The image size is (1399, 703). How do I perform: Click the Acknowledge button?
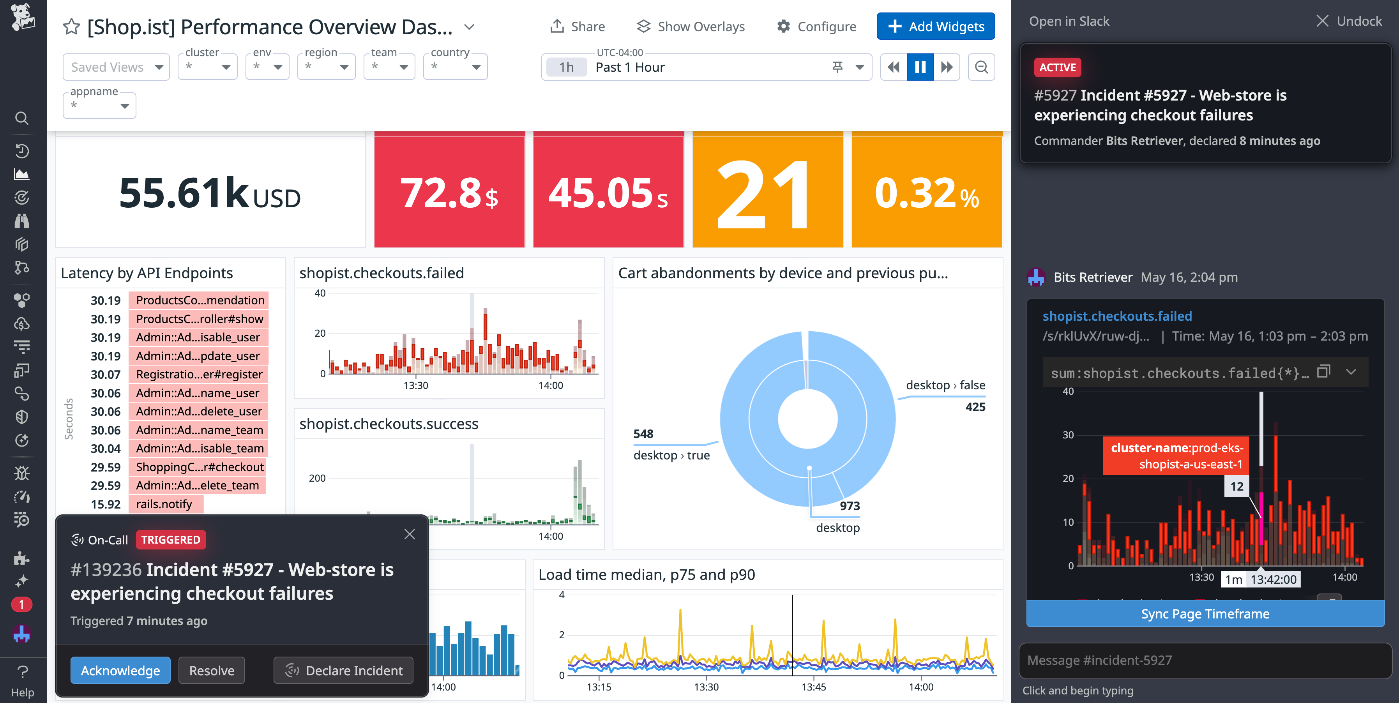pos(120,670)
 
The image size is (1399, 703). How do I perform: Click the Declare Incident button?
pos(343,670)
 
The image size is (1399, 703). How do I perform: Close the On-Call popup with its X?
pos(410,534)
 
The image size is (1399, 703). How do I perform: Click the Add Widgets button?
pos(935,26)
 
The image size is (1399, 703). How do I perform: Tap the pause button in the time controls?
pos(920,67)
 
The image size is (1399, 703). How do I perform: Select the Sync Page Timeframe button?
pos(1205,614)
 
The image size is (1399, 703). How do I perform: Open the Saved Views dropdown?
pos(116,67)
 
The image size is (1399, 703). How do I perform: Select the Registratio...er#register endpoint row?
pos(199,374)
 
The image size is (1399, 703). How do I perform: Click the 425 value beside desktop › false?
pos(975,407)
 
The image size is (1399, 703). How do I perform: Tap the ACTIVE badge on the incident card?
pos(1057,67)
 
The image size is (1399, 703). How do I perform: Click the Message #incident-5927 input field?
pos(1205,660)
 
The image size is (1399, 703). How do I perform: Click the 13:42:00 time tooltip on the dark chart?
pos(1273,579)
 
